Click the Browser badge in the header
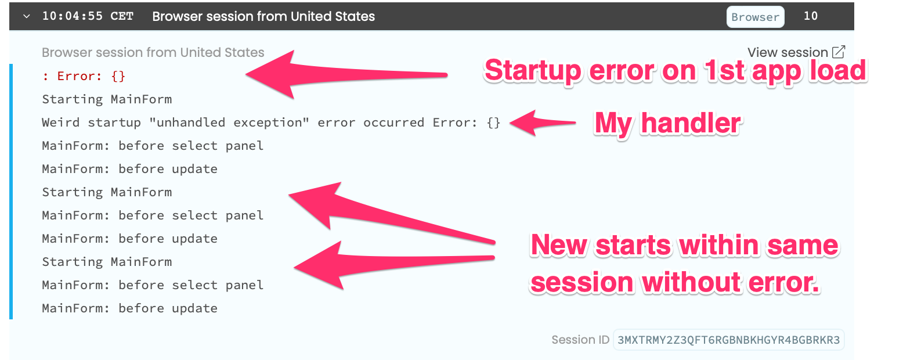755,17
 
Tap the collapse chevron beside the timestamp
27,16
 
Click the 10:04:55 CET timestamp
88,16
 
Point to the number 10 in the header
810,16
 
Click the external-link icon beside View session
839,52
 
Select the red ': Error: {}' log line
84,76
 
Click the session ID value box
728,340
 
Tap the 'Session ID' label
580,340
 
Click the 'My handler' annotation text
667,123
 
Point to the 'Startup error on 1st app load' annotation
676,71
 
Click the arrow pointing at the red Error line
346,74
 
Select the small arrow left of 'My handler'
543,123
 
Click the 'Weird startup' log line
271,123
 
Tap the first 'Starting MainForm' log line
107,99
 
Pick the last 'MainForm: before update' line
129,308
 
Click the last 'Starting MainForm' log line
107,262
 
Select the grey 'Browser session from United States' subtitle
153,52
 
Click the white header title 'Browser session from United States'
263,16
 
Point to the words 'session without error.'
675,283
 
